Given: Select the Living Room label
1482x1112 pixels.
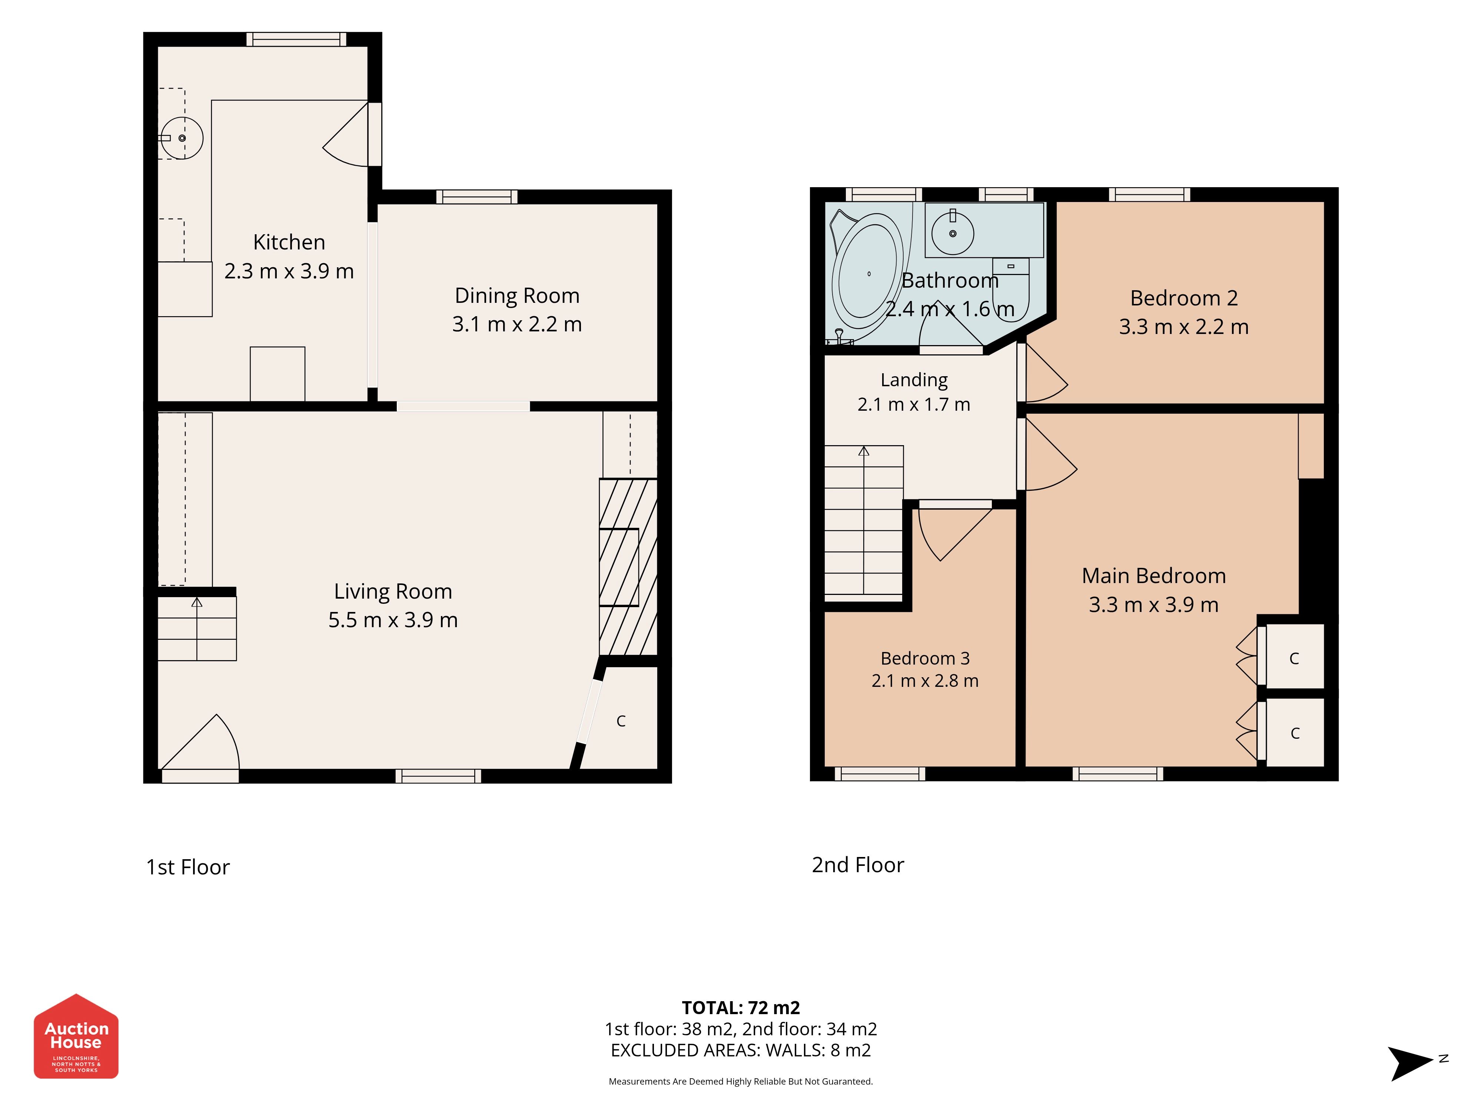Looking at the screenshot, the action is [x=393, y=591].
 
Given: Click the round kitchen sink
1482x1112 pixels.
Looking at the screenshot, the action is [x=182, y=138].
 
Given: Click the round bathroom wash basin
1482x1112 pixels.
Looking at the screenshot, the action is [x=952, y=233].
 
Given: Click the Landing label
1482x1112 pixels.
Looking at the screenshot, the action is [x=914, y=380].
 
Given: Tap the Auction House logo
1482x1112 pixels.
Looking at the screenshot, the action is [x=76, y=1036].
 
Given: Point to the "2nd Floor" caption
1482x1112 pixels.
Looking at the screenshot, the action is [x=858, y=865].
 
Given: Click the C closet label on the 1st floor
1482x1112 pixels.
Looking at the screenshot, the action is [x=621, y=721].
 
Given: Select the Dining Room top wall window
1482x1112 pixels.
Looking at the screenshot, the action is [x=477, y=196].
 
